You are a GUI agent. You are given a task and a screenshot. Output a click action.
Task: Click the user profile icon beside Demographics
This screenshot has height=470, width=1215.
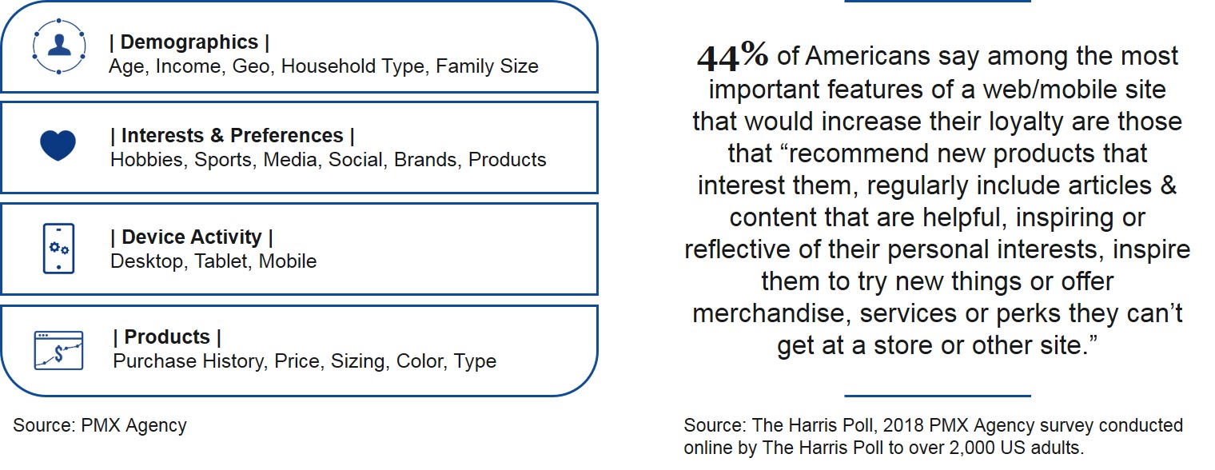[x=58, y=46]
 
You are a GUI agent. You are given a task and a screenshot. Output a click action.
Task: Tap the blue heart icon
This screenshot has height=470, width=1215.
[x=58, y=145]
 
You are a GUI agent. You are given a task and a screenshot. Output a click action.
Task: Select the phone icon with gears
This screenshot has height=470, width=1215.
[x=58, y=249]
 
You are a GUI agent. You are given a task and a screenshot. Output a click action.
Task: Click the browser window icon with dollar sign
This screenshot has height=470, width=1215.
[x=58, y=351]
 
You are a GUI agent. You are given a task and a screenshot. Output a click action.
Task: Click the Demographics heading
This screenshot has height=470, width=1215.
[x=189, y=42]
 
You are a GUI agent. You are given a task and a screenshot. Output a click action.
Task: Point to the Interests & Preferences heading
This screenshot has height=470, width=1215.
[x=232, y=136]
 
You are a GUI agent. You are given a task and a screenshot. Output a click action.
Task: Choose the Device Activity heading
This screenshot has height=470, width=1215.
[x=192, y=237]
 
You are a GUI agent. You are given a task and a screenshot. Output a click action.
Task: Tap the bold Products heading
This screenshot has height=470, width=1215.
[x=167, y=337]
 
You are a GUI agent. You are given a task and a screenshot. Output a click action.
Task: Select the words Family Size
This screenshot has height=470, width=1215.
[x=487, y=66]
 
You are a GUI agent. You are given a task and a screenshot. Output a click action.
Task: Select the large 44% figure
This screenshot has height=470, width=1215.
[x=732, y=57]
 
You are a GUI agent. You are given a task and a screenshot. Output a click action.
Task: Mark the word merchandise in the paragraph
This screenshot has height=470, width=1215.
[x=771, y=314]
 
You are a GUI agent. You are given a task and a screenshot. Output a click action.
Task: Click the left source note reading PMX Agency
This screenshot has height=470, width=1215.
[x=100, y=425]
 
